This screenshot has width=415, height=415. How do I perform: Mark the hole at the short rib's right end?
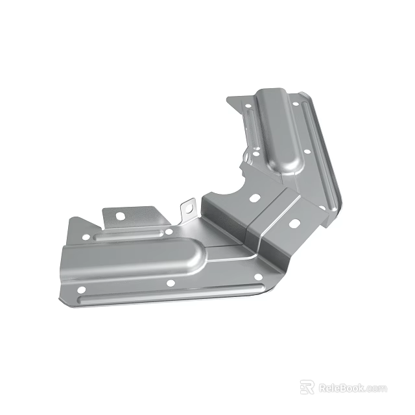(169, 231)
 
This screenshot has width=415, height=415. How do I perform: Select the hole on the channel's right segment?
(294, 224)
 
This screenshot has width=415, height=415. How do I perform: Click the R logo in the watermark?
(307, 387)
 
